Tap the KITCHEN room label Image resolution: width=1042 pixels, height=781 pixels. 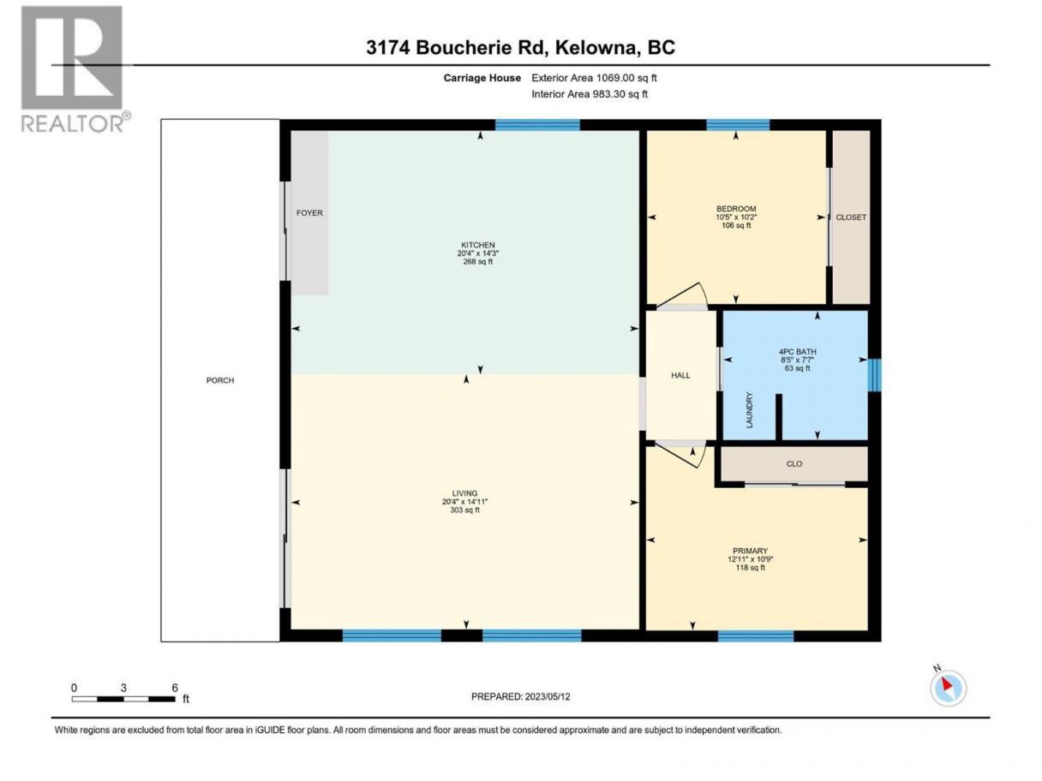[x=477, y=245]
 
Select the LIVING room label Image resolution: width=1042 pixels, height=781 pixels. [x=464, y=493]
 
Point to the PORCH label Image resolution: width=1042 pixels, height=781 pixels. [x=219, y=380]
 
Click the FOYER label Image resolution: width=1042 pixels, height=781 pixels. [x=309, y=213]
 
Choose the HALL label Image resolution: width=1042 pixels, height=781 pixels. [x=680, y=375]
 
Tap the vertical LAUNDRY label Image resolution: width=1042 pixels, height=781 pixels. [x=749, y=409]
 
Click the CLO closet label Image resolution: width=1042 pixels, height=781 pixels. [x=793, y=464]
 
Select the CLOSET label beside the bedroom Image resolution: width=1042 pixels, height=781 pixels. [x=851, y=218]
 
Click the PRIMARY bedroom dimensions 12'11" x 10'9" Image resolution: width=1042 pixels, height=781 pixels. [x=750, y=559]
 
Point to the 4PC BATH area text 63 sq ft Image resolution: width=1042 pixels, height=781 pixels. [x=797, y=368]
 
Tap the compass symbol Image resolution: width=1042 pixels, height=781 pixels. [x=948, y=688]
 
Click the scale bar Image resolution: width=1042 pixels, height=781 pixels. [x=123, y=699]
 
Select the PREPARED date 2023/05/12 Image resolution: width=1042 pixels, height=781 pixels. [x=547, y=696]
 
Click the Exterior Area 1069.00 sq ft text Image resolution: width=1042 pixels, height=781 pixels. [x=594, y=78]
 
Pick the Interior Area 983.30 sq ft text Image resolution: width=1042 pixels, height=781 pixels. [x=589, y=94]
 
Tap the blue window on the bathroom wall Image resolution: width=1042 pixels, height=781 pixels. [x=874, y=375]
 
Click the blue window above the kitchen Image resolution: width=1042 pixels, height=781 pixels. [x=537, y=125]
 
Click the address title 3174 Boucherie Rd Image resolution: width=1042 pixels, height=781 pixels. [x=455, y=48]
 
